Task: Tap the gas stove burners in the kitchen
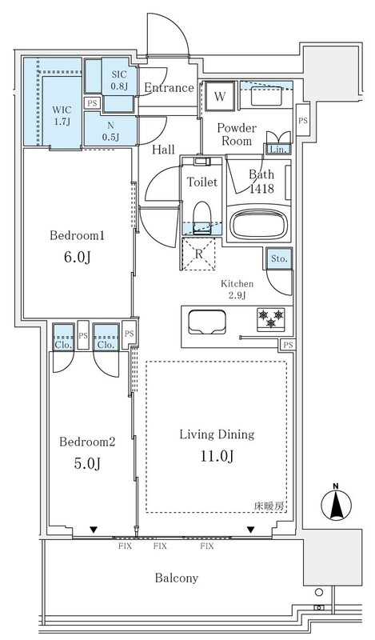coord(270,318)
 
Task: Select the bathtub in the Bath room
coord(259,224)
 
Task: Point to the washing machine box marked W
coord(220,96)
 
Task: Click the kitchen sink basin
coord(207,322)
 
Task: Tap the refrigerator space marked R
coord(198,254)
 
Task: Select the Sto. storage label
coord(279,258)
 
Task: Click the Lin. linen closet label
coord(279,150)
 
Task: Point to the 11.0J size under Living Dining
coord(216,456)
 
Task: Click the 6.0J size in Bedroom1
coord(77,258)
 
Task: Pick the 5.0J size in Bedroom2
coord(87,463)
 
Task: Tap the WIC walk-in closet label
coord(62,110)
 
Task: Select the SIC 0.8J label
coord(120,81)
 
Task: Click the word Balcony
coord(176,578)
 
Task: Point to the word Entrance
coord(169,88)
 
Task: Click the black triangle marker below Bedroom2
coord(94,530)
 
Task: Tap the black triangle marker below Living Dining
coord(250,530)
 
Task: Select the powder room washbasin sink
coord(265,98)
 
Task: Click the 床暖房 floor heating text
coord(269,506)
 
